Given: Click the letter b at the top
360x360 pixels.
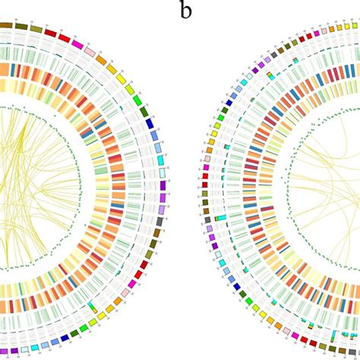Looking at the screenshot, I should click(185, 10).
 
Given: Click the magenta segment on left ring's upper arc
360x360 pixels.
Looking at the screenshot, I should click(77, 45).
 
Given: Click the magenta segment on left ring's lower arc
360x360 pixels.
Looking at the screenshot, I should click(132, 283).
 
